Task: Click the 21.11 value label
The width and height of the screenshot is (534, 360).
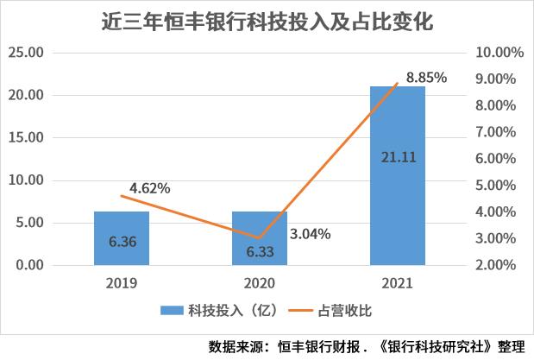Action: [x=398, y=156]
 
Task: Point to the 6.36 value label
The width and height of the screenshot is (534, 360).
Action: [x=122, y=243]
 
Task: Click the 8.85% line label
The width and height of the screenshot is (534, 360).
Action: [x=426, y=78]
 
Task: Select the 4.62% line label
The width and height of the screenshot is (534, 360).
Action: [x=150, y=186]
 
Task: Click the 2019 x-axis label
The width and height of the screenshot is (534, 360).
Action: [x=122, y=282]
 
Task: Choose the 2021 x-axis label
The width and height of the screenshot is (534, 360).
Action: [x=398, y=282]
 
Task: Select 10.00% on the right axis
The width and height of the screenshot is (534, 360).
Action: [x=500, y=52]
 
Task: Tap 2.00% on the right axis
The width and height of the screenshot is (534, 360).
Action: [x=500, y=265]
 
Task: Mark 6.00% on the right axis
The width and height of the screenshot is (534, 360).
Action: [x=500, y=159]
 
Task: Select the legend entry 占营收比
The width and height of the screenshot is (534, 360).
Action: [x=340, y=309]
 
